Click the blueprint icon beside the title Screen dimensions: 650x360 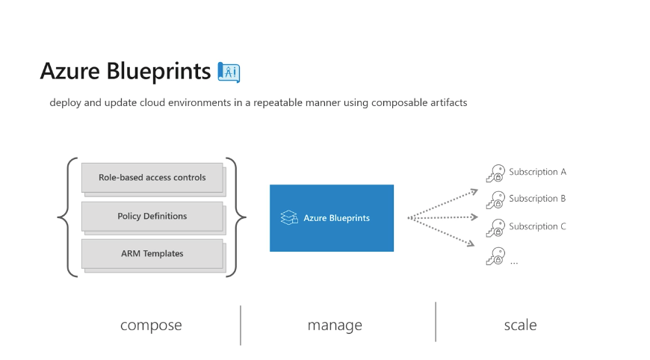(x=229, y=72)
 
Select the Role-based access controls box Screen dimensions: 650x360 (x=152, y=177)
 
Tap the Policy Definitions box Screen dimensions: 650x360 (x=152, y=216)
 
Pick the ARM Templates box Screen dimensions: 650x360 (x=152, y=253)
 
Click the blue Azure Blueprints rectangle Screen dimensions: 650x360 (x=332, y=218)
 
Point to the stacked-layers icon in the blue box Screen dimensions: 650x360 (x=289, y=217)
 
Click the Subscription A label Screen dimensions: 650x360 (x=537, y=172)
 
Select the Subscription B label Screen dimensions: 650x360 (x=537, y=199)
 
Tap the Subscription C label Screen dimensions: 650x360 (x=537, y=226)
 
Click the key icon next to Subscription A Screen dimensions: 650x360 (x=495, y=173)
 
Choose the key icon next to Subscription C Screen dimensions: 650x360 (x=495, y=228)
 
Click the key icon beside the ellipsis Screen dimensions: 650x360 (x=495, y=256)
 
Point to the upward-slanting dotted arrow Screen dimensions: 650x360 (x=443, y=203)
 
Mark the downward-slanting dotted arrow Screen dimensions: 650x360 (x=441, y=232)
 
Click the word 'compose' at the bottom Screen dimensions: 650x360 (x=151, y=325)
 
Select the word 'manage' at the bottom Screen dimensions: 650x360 (x=335, y=325)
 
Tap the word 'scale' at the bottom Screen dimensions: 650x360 (x=520, y=325)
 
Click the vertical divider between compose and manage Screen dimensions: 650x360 (x=241, y=325)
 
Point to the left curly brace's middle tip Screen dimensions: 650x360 (x=58, y=217)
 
